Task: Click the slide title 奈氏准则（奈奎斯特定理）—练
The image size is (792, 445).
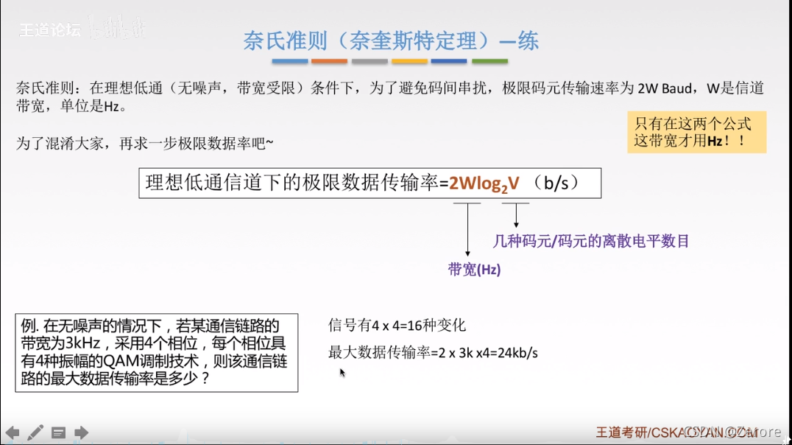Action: click(391, 41)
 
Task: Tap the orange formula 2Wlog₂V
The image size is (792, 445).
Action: click(484, 183)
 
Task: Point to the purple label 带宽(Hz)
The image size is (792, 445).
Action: click(474, 270)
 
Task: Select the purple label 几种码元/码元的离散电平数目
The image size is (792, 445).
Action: click(590, 240)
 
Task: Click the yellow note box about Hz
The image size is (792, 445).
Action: click(696, 132)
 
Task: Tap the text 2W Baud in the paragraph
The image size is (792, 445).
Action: click(665, 88)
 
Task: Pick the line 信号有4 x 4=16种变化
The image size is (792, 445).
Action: click(397, 326)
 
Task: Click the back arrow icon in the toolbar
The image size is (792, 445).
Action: click(13, 432)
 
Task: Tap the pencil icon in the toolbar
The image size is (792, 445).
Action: click(35, 432)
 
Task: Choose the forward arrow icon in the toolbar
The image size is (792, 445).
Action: click(81, 432)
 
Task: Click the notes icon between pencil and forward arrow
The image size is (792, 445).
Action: click(58, 432)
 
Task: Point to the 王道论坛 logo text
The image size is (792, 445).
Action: click(49, 30)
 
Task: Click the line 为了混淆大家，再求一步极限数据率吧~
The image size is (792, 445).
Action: click(145, 143)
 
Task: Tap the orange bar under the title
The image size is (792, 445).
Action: click(329, 61)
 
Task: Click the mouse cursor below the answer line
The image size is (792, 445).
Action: click(342, 373)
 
